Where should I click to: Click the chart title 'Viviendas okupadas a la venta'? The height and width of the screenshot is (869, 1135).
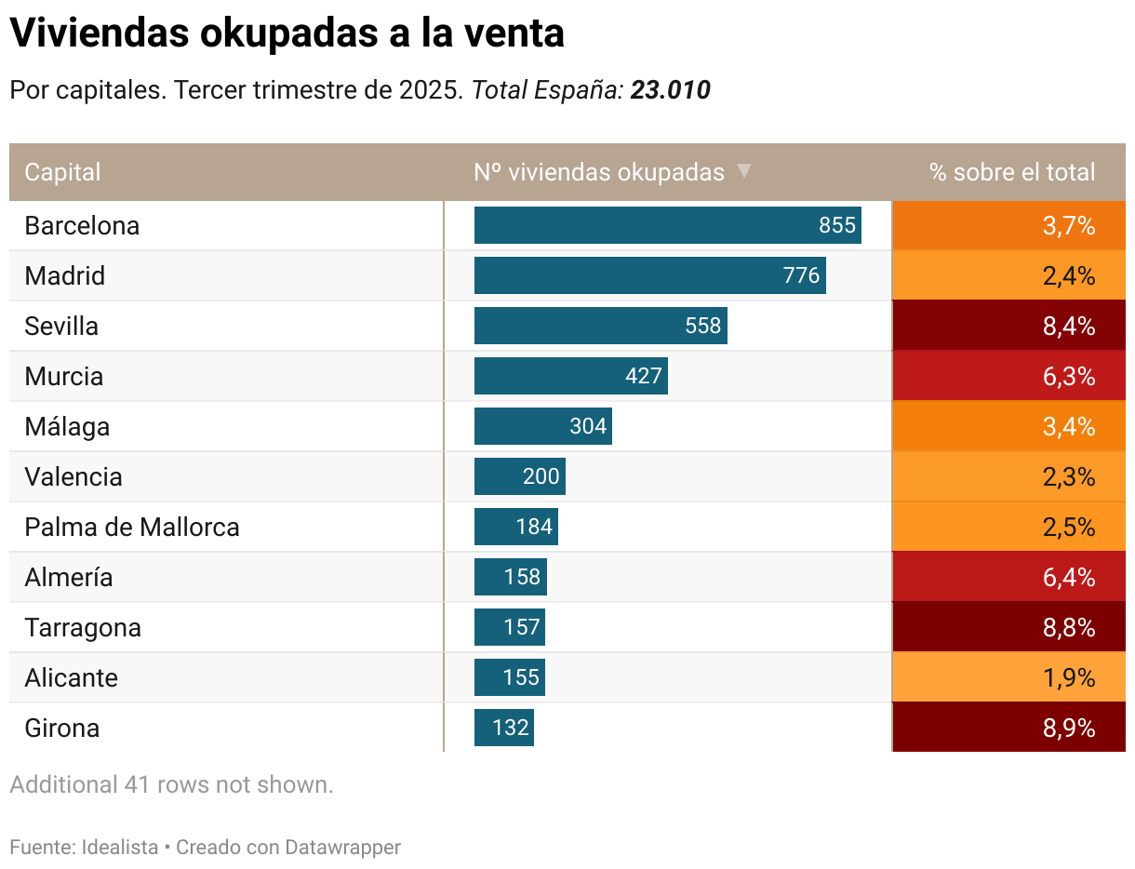tap(287, 34)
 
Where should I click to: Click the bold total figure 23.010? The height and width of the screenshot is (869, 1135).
tap(670, 90)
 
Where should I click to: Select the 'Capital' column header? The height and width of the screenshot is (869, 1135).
tap(62, 172)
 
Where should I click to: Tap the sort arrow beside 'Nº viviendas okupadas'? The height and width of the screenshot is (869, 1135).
tap(743, 171)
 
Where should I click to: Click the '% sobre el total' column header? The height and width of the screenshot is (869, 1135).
tap(1011, 172)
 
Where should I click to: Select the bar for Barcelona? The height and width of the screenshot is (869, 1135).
tap(667, 226)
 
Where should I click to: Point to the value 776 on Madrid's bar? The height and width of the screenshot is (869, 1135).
tap(801, 276)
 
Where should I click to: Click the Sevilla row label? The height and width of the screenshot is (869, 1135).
tap(61, 327)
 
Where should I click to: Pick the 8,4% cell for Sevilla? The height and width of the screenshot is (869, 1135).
tap(1008, 327)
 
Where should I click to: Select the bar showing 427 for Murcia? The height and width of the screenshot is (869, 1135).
tap(570, 377)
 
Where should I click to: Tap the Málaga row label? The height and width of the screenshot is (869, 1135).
tap(67, 427)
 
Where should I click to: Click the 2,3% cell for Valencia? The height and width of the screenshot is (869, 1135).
tap(1008, 477)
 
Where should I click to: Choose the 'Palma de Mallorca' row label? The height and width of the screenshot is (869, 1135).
tap(132, 528)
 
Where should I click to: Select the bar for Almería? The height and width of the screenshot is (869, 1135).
tap(510, 578)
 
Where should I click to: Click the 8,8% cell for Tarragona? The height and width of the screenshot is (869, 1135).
tap(1008, 628)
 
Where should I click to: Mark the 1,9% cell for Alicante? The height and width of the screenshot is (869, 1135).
tap(1008, 678)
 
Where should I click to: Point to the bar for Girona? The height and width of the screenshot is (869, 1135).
tap(503, 729)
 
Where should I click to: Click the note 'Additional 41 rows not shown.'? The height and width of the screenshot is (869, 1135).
tap(171, 784)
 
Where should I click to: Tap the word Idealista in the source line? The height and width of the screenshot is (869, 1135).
tap(120, 848)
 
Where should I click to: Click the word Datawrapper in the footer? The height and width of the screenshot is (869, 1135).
tap(342, 848)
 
